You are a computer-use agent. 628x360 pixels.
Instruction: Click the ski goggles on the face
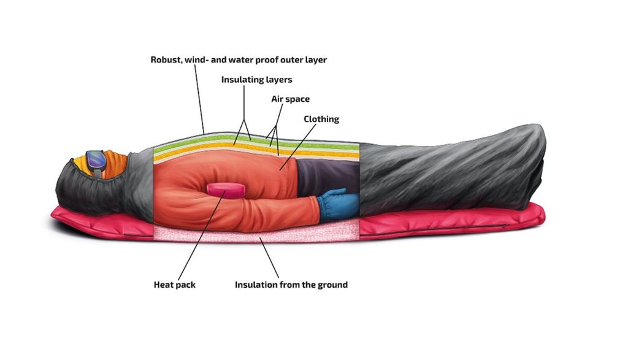(x=96, y=163)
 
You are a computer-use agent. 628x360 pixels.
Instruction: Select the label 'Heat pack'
(x=175, y=285)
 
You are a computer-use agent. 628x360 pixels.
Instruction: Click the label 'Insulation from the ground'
(x=291, y=285)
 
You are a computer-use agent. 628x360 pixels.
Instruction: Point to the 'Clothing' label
(x=321, y=119)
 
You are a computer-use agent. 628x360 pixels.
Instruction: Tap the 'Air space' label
(x=290, y=99)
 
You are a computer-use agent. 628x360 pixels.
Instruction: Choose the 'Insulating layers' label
(x=257, y=80)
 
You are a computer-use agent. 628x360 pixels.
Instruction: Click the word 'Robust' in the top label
(x=165, y=59)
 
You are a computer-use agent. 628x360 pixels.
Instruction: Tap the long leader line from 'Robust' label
(x=200, y=99)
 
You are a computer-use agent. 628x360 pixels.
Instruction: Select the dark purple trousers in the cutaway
(x=328, y=176)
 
